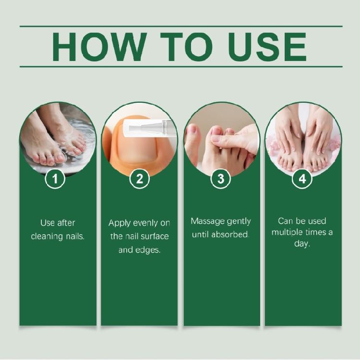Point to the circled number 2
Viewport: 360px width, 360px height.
click(x=139, y=179)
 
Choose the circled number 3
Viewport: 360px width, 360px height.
click(x=221, y=179)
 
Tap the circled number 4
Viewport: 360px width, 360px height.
click(x=302, y=179)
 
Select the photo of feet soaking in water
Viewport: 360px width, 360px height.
click(x=57, y=137)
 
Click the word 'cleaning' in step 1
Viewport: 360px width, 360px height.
click(x=45, y=237)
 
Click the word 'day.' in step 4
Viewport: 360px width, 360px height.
click(x=302, y=244)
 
